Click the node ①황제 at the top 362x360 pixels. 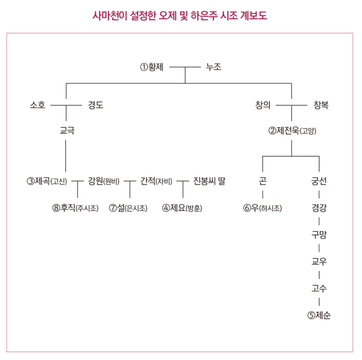click(152, 67)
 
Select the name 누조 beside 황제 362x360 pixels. click(214, 67)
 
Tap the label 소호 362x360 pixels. click(38, 105)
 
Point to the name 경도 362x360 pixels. click(96, 105)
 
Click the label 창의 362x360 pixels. click(263, 105)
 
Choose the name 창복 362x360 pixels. click(321, 105)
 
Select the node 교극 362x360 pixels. click(67, 131)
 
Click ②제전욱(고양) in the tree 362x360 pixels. click(292, 131)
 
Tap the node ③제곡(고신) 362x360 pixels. click(47, 181)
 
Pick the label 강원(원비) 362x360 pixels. click(103, 181)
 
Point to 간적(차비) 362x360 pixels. click(156, 181)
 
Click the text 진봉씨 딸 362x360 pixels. click(209, 181)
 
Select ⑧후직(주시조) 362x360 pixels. click(76, 208)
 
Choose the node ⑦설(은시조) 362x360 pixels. click(128, 208)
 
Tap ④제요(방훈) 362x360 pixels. click(182, 208)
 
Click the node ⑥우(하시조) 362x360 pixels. click(263, 208)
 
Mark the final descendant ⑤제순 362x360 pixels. click(319, 315)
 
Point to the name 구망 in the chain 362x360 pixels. click(319, 235)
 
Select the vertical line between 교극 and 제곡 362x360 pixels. click(66, 156)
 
